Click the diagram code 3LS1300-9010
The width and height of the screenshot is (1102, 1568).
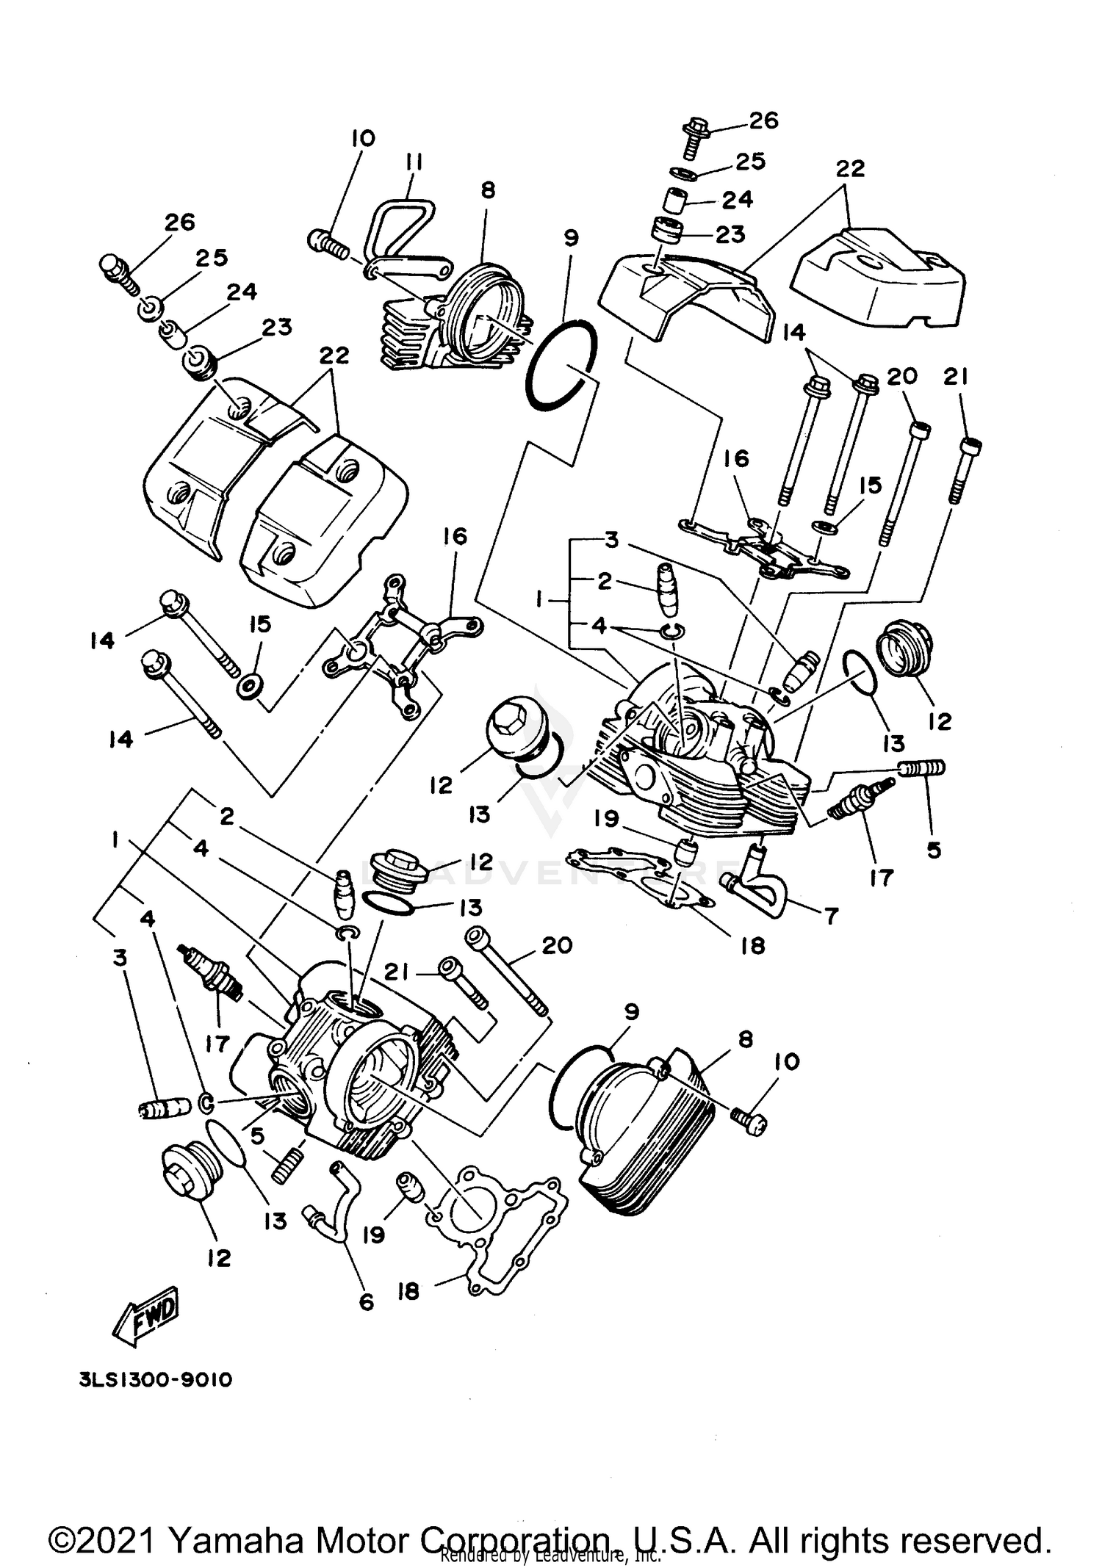tap(155, 1379)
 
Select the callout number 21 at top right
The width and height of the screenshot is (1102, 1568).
tap(955, 377)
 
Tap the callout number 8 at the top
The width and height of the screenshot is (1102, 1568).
tap(488, 190)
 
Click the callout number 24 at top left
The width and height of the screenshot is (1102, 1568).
tap(242, 292)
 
